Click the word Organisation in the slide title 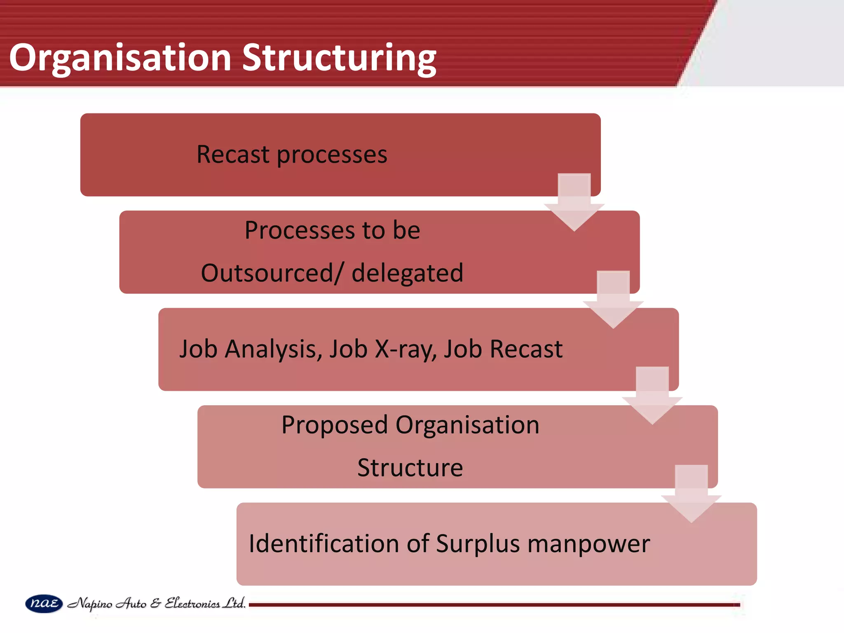[x=120, y=58]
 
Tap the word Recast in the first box [x=233, y=155]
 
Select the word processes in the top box [x=332, y=155]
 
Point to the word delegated [x=407, y=273]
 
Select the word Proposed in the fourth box [x=335, y=425]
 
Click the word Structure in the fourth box [x=410, y=468]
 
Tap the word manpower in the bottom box [x=588, y=544]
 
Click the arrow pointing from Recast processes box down [x=574, y=204]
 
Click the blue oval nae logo [x=44, y=604]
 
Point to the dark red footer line [x=495, y=605]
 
